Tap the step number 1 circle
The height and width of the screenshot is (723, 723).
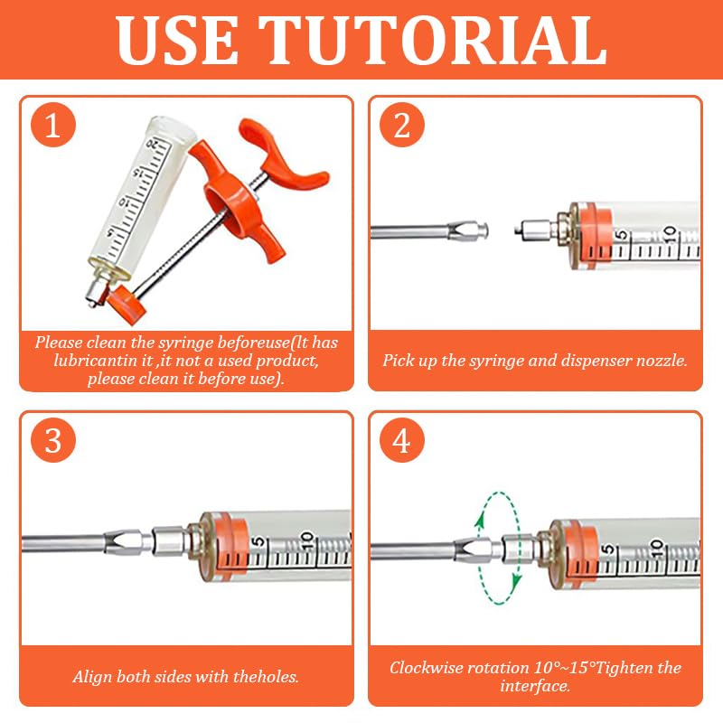click(x=52, y=126)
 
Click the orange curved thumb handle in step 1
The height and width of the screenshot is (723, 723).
click(x=289, y=159)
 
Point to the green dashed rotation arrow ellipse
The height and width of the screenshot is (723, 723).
click(x=499, y=548)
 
